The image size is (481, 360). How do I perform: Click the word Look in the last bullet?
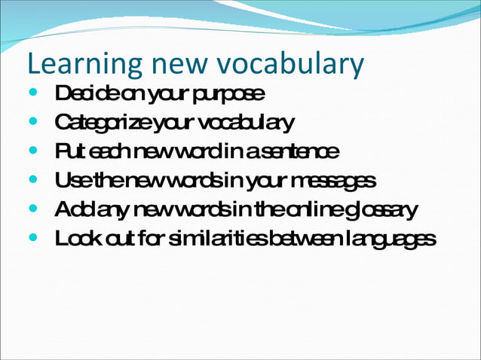tap(75, 239)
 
